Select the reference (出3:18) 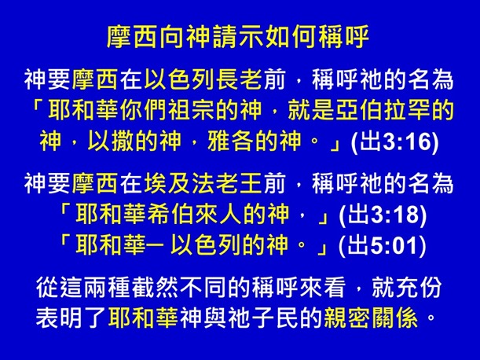(383, 213)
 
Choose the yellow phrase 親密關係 (383, 318)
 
